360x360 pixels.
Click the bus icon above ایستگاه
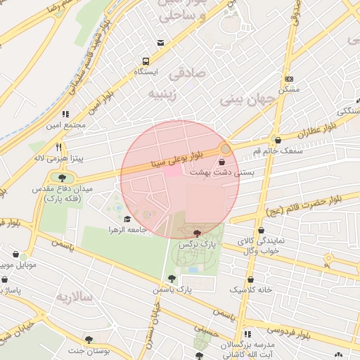click(x=146, y=61)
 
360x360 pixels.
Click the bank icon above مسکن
click(x=289, y=79)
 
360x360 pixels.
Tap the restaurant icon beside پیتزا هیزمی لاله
click(x=60, y=148)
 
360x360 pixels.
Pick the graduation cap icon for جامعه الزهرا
click(x=127, y=219)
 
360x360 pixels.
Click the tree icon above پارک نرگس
click(x=196, y=233)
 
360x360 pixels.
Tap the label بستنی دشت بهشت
click(x=221, y=172)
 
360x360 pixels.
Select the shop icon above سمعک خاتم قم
click(x=278, y=139)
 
